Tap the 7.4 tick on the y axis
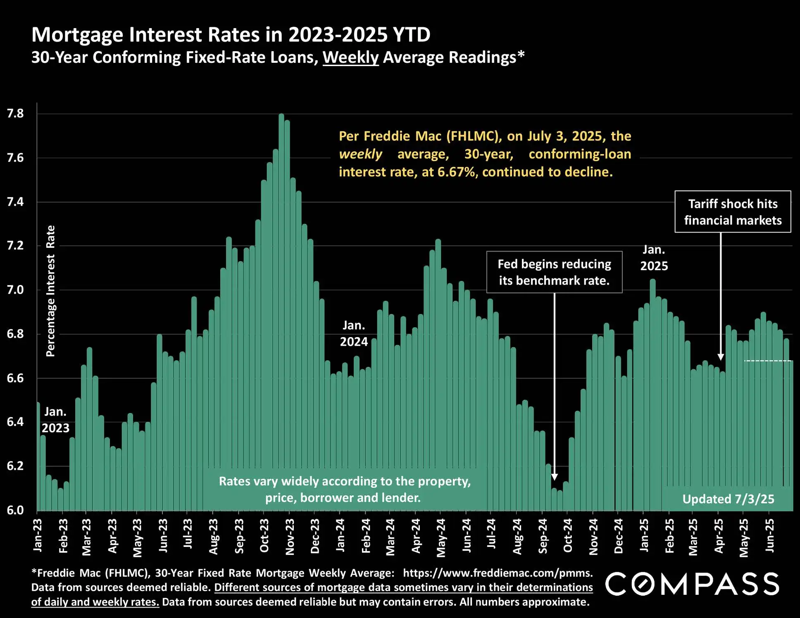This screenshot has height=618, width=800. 15,202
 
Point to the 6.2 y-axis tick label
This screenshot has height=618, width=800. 15,466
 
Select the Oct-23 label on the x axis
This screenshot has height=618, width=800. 264,536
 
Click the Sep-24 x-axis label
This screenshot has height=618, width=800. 543,536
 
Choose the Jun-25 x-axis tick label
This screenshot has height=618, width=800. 769,536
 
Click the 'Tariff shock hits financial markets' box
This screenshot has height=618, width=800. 733,212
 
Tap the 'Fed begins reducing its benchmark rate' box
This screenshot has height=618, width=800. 554,272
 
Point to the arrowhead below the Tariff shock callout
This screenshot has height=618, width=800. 721,357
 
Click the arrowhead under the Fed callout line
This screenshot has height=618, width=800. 555,477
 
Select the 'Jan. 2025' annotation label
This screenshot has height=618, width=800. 654,258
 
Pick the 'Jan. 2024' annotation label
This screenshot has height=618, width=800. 354,334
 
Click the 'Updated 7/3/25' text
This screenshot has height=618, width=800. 728,499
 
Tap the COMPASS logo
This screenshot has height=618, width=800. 692,584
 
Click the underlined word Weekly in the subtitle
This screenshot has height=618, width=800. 350,57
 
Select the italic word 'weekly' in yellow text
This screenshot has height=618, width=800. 360,154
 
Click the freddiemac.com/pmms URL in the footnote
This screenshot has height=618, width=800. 498,573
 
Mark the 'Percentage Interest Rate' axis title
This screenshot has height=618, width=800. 50,291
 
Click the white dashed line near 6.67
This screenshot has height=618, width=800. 767,361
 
